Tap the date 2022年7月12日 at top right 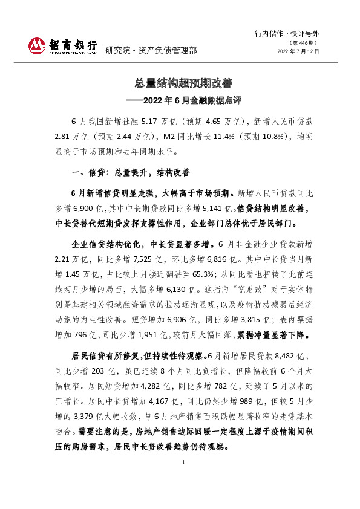298,52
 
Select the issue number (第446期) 302,44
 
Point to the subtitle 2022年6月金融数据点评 184,99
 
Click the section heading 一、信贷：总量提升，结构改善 131,173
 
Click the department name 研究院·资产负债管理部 151,50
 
